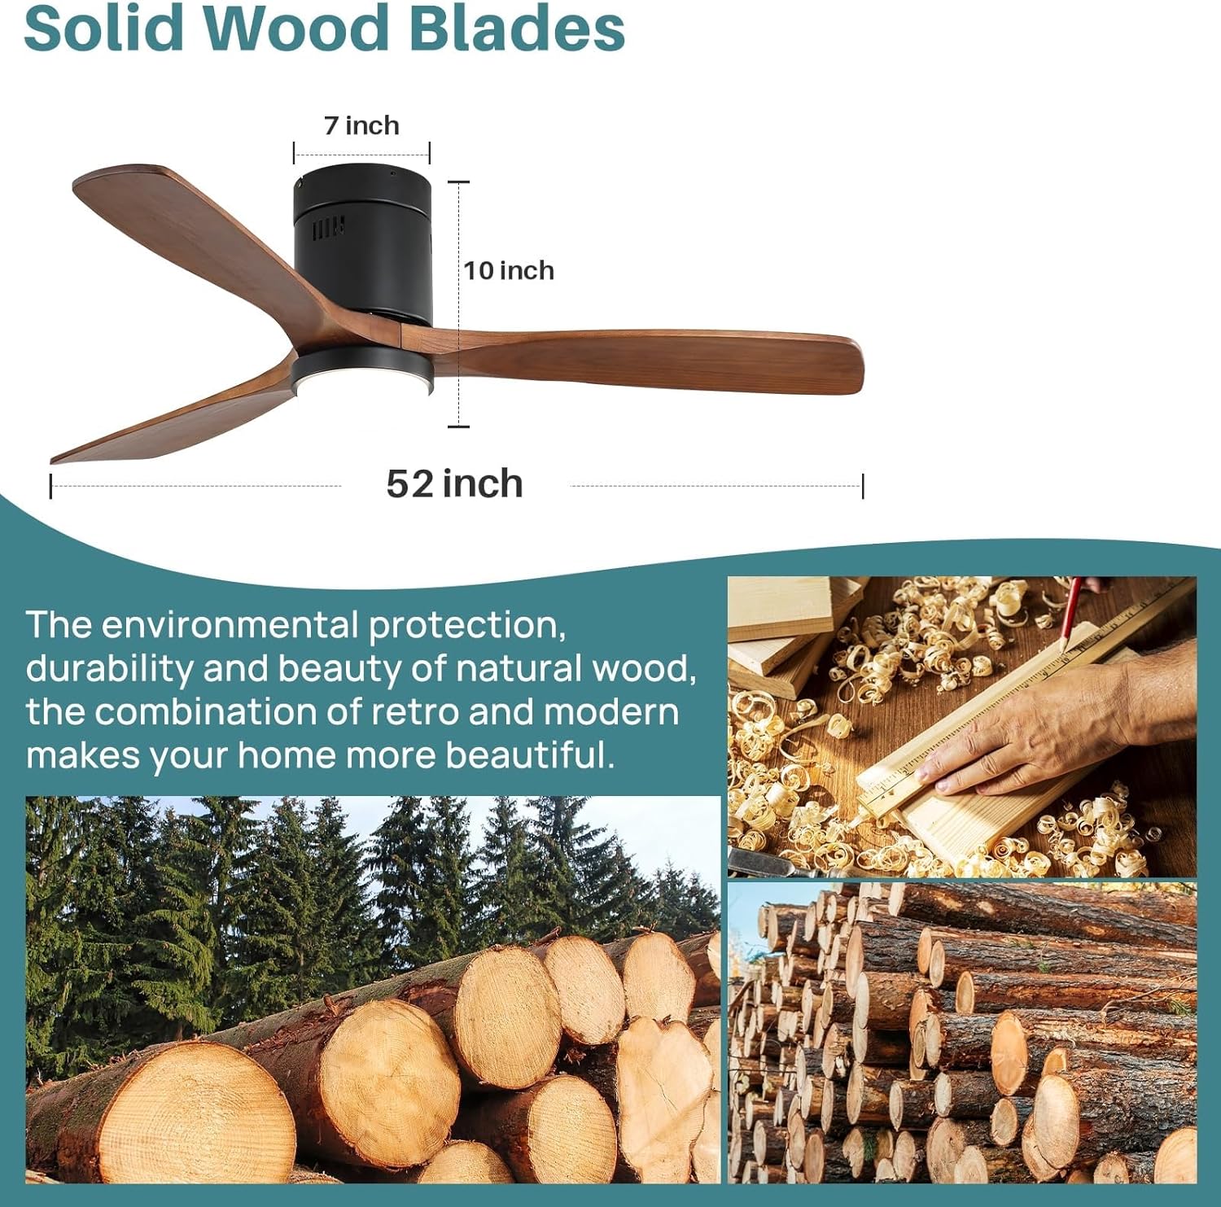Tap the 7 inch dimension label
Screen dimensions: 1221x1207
click(x=361, y=125)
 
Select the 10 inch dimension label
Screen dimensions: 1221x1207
click(x=509, y=270)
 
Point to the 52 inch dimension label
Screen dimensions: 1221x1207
click(x=454, y=483)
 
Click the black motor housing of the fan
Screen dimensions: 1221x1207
click(x=363, y=244)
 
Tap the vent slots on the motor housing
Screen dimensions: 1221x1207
click(x=328, y=227)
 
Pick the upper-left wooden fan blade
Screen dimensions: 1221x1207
click(x=212, y=244)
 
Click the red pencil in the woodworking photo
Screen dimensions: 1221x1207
click(x=1072, y=614)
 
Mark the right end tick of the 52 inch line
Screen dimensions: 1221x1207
click(x=862, y=486)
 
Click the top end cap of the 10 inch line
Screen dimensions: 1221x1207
click(x=458, y=181)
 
